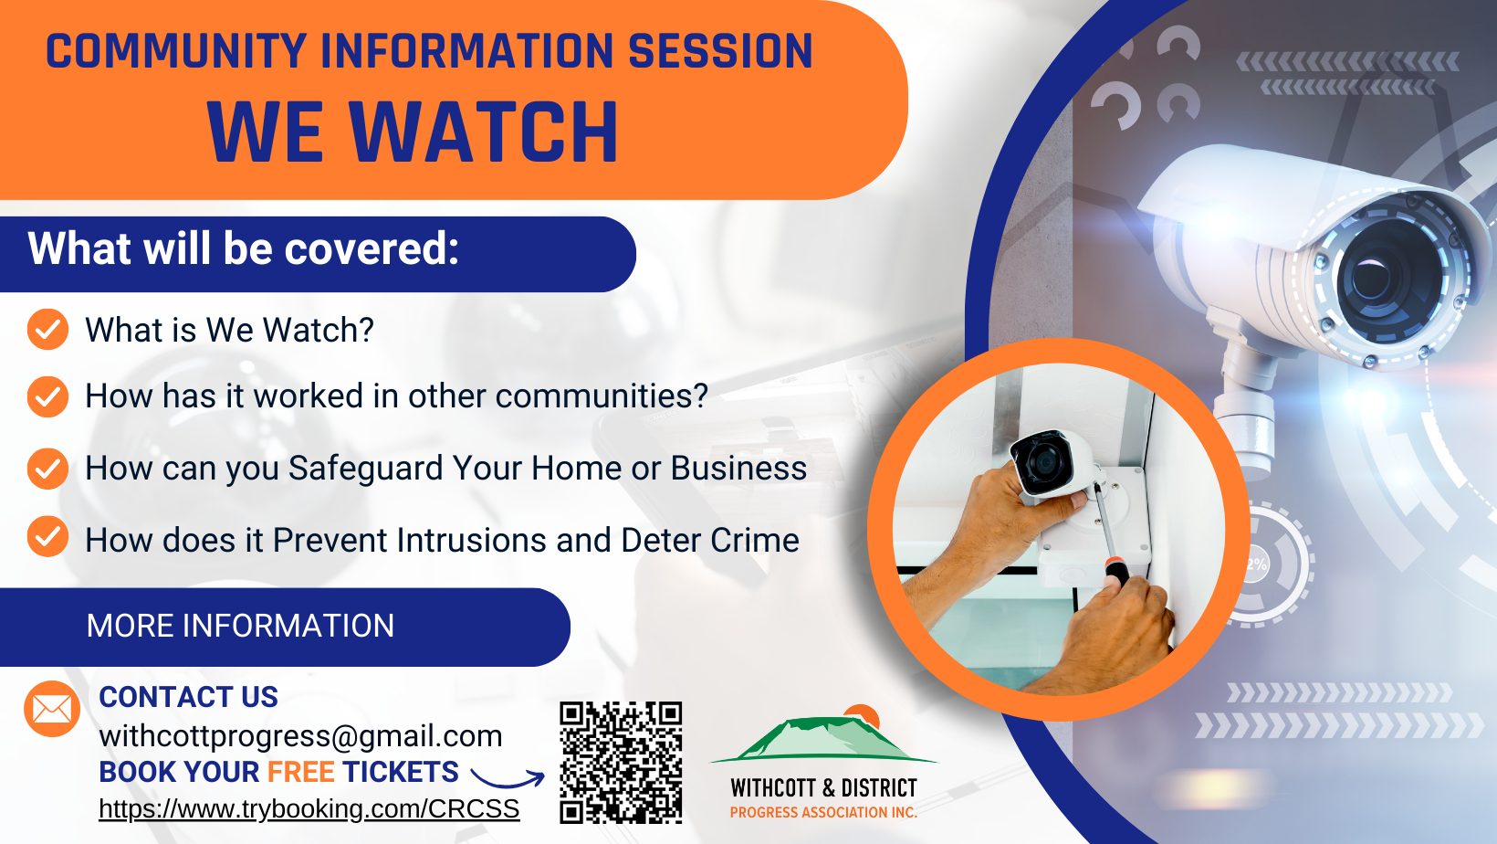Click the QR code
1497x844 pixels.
click(x=621, y=763)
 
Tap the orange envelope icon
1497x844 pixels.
click(x=52, y=709)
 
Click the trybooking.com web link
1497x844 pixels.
click(x=309, y=808)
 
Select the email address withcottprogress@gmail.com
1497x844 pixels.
click(x=300, y=736)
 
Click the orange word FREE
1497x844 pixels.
click(x=300, y=772)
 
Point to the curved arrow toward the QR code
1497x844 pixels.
click(x=508, y=779)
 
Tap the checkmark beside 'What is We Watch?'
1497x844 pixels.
click(x=47, y=329)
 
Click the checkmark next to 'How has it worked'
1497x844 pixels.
click(x=47, y=396)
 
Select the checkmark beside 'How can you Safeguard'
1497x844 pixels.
click(x=47, y=469)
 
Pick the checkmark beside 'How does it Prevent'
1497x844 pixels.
click(x=47, y=536)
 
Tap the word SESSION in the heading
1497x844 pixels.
click(x=720, y=51)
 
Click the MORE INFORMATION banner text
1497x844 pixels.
click(x=241, y=626)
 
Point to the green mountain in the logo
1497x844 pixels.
click(x=823, y=740)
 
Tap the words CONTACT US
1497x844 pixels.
click(x=188, y=697)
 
